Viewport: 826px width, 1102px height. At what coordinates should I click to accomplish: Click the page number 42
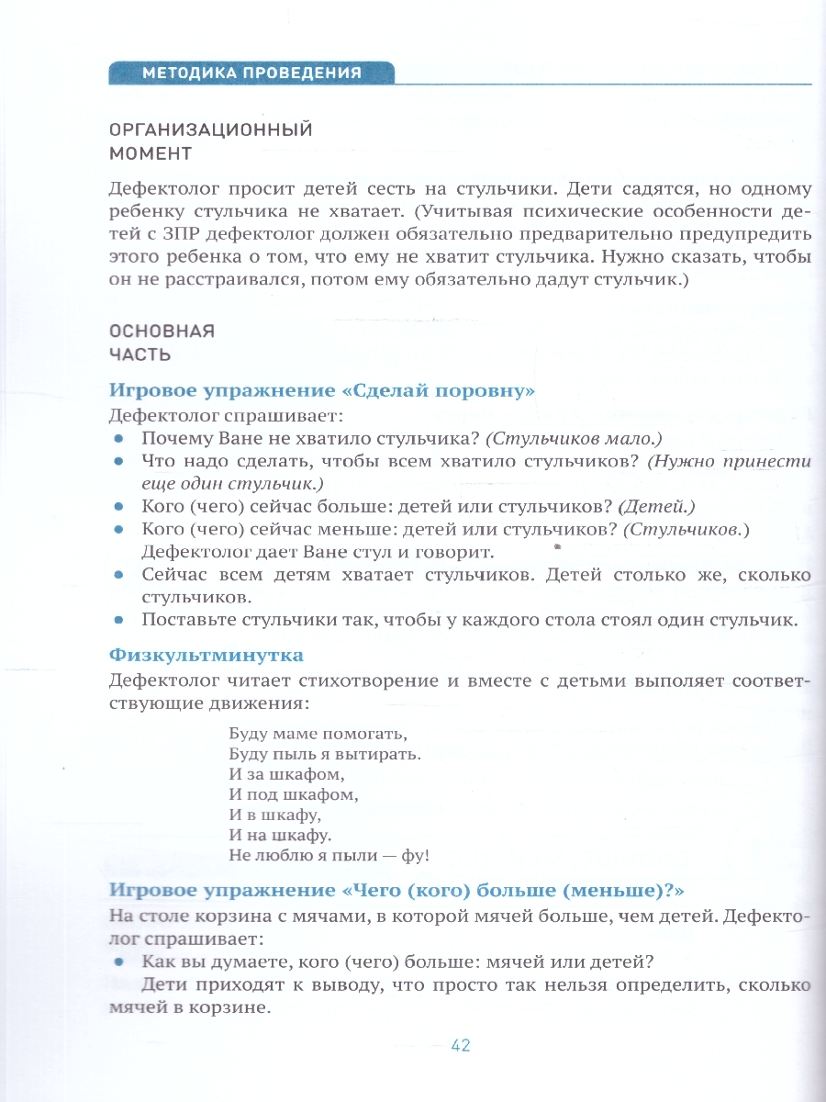click(x=461, y=1046)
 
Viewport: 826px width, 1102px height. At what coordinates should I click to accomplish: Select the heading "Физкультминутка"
click(x=206, y=656)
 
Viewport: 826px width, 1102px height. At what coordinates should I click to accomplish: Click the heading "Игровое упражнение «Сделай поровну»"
click(x=321, y=391)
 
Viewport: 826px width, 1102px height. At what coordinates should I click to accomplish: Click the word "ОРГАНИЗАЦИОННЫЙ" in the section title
click(x=210, y=129)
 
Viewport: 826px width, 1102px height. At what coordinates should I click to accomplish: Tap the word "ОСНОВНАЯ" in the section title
click(x=162, y=332)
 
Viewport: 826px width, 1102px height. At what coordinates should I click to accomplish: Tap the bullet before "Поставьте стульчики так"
click(x=118, y=620)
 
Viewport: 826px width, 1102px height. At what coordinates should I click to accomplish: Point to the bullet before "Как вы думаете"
click(x=118, y=961)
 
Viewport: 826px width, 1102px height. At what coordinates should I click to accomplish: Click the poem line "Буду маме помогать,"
click(x=317, y=736)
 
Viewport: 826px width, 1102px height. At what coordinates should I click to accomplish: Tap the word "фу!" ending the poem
click(x=414, y=856)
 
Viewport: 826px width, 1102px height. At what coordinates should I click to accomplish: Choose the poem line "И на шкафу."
click(x=279, y=836)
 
